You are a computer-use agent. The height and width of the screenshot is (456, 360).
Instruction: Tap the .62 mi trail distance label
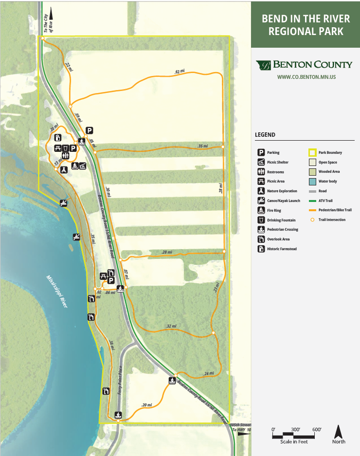[x=180, y=72]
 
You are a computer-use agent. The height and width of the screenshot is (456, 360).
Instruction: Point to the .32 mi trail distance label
[x=171, y=326]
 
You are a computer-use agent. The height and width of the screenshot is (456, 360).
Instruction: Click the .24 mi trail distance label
[x=208, y=374]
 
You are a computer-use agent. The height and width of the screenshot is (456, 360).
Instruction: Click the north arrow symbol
[x=339, y=431]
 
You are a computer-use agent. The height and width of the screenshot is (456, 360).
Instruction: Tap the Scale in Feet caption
[x=293, y=442]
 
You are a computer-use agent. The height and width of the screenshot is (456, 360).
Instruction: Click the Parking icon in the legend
[x=261, y=152]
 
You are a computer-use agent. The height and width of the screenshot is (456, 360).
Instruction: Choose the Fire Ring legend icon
[x=261, y=210]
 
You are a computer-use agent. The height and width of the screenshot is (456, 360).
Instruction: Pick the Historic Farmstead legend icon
[x=261, y=249]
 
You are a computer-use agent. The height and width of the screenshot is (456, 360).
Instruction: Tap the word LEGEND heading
[x=265, y=135]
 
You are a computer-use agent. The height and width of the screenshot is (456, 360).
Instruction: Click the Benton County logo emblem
[x=264, y=65]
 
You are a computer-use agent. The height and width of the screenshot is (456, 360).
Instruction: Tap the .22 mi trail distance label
[x=68, y=67]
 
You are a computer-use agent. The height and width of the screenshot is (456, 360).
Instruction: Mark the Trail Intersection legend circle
[x=312, y=219]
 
